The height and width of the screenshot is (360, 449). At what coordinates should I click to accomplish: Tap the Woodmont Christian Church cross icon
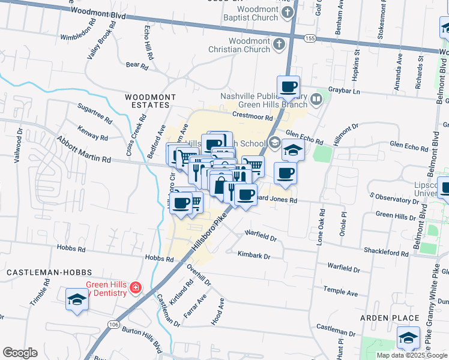coord(278,44)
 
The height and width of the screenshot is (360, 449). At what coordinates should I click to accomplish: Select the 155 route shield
coord(310,38)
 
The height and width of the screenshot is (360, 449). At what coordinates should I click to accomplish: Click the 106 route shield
coord(113,325)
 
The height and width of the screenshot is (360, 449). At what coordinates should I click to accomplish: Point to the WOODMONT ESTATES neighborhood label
coord(150,101)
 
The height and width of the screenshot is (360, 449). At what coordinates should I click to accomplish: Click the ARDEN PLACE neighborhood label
coord(390,317)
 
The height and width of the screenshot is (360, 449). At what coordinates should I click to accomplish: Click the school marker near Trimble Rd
coord(77,299)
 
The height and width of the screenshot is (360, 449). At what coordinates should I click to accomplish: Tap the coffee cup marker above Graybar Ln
coord(288,86)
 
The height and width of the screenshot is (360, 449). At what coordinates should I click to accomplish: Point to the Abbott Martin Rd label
coord(84,149)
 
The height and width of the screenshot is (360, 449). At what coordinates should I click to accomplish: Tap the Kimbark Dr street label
coord(254,256)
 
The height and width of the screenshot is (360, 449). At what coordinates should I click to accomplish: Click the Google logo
coord(20,353)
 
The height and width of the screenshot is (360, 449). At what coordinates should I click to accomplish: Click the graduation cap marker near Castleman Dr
coord(408,338)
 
